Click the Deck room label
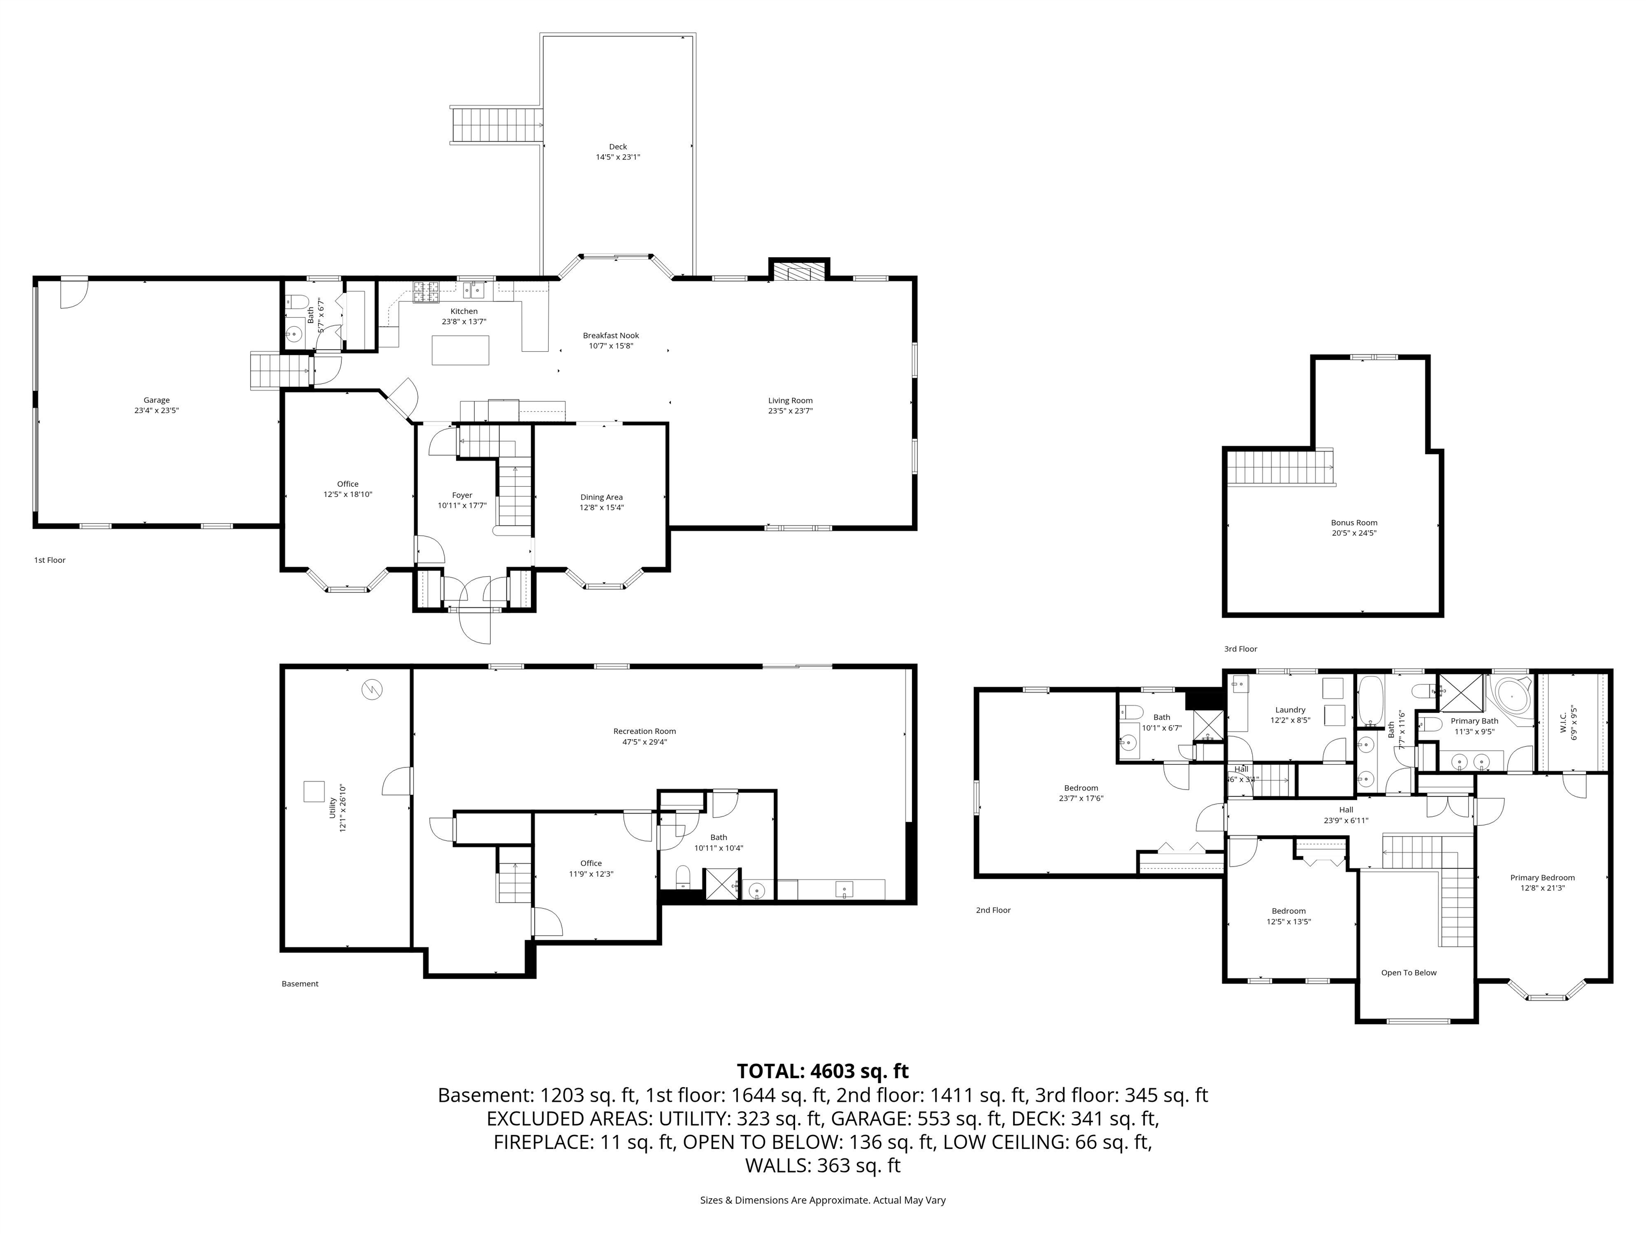[618, 147]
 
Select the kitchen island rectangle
[461, 350]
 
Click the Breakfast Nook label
[610, 335]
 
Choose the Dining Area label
[601, 497]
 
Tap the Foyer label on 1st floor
[462, 495]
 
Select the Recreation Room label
[645, 731]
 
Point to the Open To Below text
[1409, 972]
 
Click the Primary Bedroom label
[1542, 877]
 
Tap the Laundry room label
[1290, 710]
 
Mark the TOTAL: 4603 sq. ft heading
[822, 1071]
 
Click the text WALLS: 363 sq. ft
[822, 1165]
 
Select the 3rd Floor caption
[1240, 649]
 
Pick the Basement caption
[300, 983]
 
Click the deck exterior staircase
[496, 124]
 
